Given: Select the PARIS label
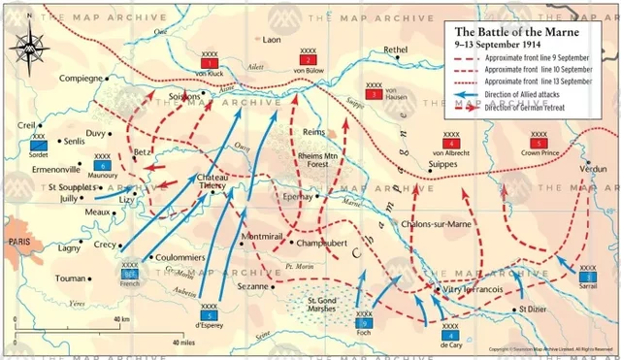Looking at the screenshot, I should (x=17, y=240).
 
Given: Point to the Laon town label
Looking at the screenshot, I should (x=271, y=40).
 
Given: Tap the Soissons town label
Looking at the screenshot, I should (x=182, y=96).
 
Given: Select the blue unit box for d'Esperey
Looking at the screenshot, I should (x=209, y=314).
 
